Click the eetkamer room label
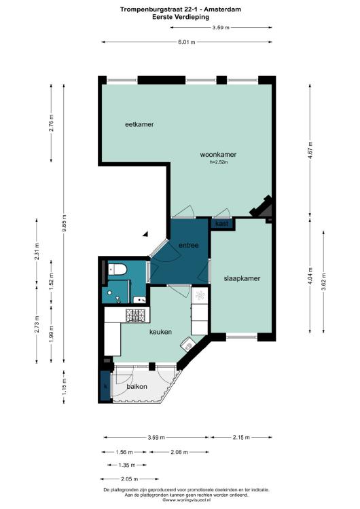pos(139,124)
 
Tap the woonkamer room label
pos(218,155)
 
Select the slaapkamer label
pos(242,278)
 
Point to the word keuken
pos(160,332)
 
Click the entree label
pos(189,246)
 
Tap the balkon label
pos(137,387)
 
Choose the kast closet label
pos(222,224)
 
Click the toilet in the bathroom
pos(116,269)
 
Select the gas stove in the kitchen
pos(136,315)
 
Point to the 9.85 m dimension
pos(65,223)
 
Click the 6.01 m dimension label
pos(187,42)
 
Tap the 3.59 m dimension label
pos(221,28)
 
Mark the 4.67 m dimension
pos(310,150)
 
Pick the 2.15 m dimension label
pos(241,437)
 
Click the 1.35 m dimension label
pos(127,465)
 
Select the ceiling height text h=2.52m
pos(219,162)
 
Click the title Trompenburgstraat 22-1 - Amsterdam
pos(181,10)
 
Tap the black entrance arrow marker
pos(146,233)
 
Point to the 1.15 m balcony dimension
pos(65,387)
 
